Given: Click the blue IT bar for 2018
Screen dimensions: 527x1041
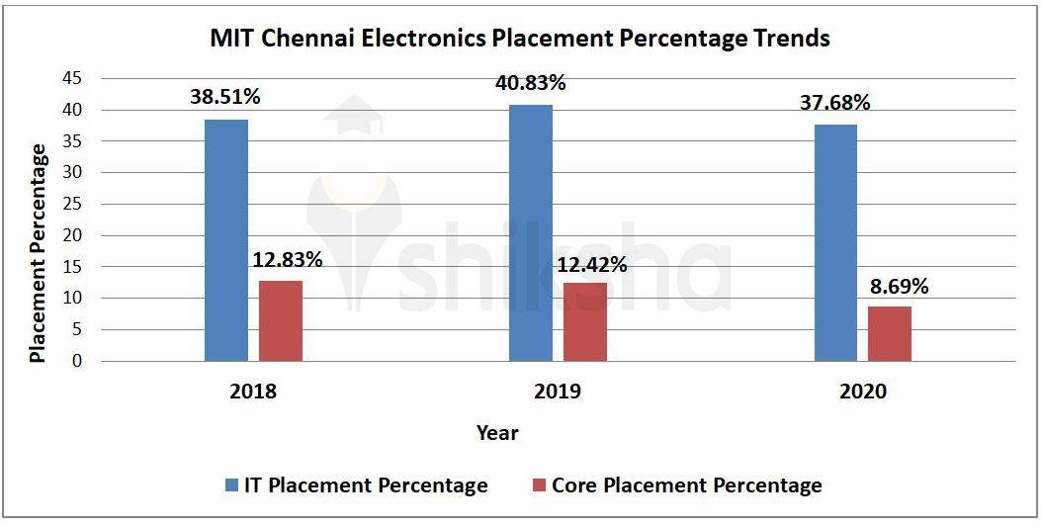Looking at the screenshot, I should coord(226,240).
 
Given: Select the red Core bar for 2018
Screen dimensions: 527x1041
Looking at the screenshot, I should coord(281,320).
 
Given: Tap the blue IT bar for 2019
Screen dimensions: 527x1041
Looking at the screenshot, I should coord(531,232).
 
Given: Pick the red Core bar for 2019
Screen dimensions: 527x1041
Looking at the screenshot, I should coord(585,321).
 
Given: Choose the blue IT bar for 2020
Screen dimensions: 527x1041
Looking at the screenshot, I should coord(835,242).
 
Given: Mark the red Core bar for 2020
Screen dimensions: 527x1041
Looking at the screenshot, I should coord(890,333).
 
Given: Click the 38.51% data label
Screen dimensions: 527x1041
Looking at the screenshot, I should coord(226,97).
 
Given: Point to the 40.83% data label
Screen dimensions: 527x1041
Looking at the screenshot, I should coord(531,83).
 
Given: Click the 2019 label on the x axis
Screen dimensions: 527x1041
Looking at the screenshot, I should coord(558,392).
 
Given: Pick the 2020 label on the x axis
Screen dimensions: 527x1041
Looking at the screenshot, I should coord(863,392).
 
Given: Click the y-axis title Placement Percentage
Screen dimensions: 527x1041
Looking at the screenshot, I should coord(38,253).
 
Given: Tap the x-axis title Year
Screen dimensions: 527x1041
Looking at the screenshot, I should coord(497,432).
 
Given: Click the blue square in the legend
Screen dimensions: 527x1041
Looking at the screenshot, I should coord(231,485).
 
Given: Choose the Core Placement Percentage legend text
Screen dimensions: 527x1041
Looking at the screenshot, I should coord(686,485).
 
